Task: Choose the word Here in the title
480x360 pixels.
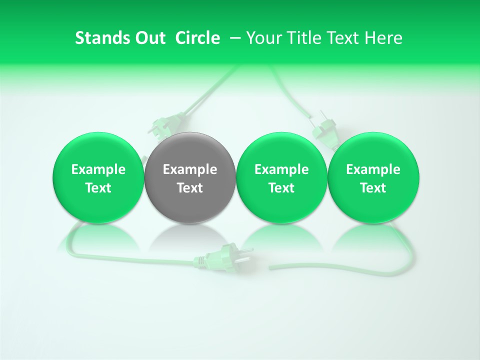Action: click(x=382, y=38)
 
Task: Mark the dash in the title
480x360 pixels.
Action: click(x=233, y=38)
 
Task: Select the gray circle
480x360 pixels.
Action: click(x=190, y=178)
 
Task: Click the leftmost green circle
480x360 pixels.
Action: click(x=98, y=178)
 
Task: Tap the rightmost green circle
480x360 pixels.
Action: click(x=373, y=178)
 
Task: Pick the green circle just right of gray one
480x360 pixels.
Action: click(x=281, y=178)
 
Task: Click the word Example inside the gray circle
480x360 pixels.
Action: click(x=190, y=169)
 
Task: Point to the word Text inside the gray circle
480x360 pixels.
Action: click(x=190, y=188)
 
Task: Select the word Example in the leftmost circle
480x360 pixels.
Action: click(x=98, y=169)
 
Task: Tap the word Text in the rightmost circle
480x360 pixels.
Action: click(x=373, y=188)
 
